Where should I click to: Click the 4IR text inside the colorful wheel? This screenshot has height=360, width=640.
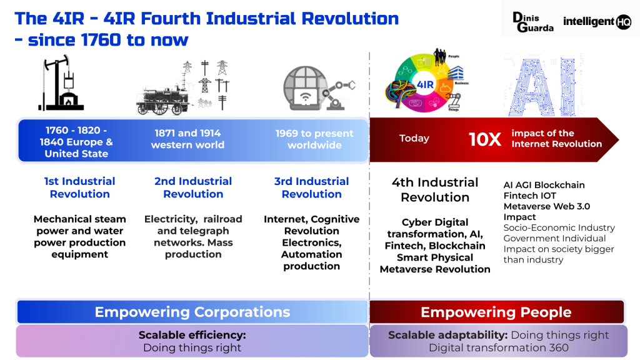click(x=425, y=84)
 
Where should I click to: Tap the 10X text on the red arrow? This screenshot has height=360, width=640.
click(x=485, y=139)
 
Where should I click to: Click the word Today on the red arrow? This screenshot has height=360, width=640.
click(x=414, y=139)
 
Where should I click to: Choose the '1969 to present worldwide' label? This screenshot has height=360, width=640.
click(x=314, y=139)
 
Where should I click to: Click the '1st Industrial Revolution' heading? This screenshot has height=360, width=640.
click(x=79, y=187)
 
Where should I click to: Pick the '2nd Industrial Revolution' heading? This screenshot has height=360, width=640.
click(x=193, y=187)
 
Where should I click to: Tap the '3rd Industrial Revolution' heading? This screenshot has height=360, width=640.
click(x=311, y=187)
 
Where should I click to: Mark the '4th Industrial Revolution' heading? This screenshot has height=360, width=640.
click(x=435, y=189)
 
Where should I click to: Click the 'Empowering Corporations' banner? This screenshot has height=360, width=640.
click(x=192, y=312)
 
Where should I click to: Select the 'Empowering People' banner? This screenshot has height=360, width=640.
click(x=496, y=312)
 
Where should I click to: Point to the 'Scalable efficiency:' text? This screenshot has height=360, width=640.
click(x=192, y=335)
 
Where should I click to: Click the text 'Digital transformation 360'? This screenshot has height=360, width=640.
click(x=498, y=347)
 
